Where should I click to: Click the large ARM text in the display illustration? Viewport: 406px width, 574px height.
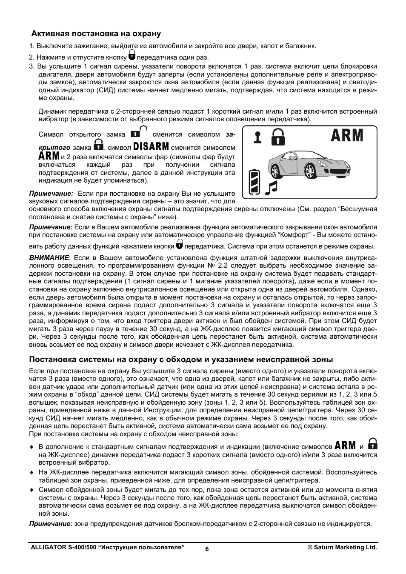[x=347, y=136]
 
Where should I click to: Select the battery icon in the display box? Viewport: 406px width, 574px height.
[x=254, y=182]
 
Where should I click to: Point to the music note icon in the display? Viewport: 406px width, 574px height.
[x=271, y=187]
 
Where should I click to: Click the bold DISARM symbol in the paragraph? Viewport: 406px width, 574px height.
[x=151, y=147]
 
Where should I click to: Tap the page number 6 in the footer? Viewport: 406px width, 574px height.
[x=207, y=549]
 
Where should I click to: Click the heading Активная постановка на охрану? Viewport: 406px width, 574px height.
[x=95, y=34]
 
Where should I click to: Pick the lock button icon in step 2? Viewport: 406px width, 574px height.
[x=132, y=56]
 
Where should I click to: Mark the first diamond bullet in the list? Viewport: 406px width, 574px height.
[x=31, y=447]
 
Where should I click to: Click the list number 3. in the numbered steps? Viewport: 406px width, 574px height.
[x=31, y=66]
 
